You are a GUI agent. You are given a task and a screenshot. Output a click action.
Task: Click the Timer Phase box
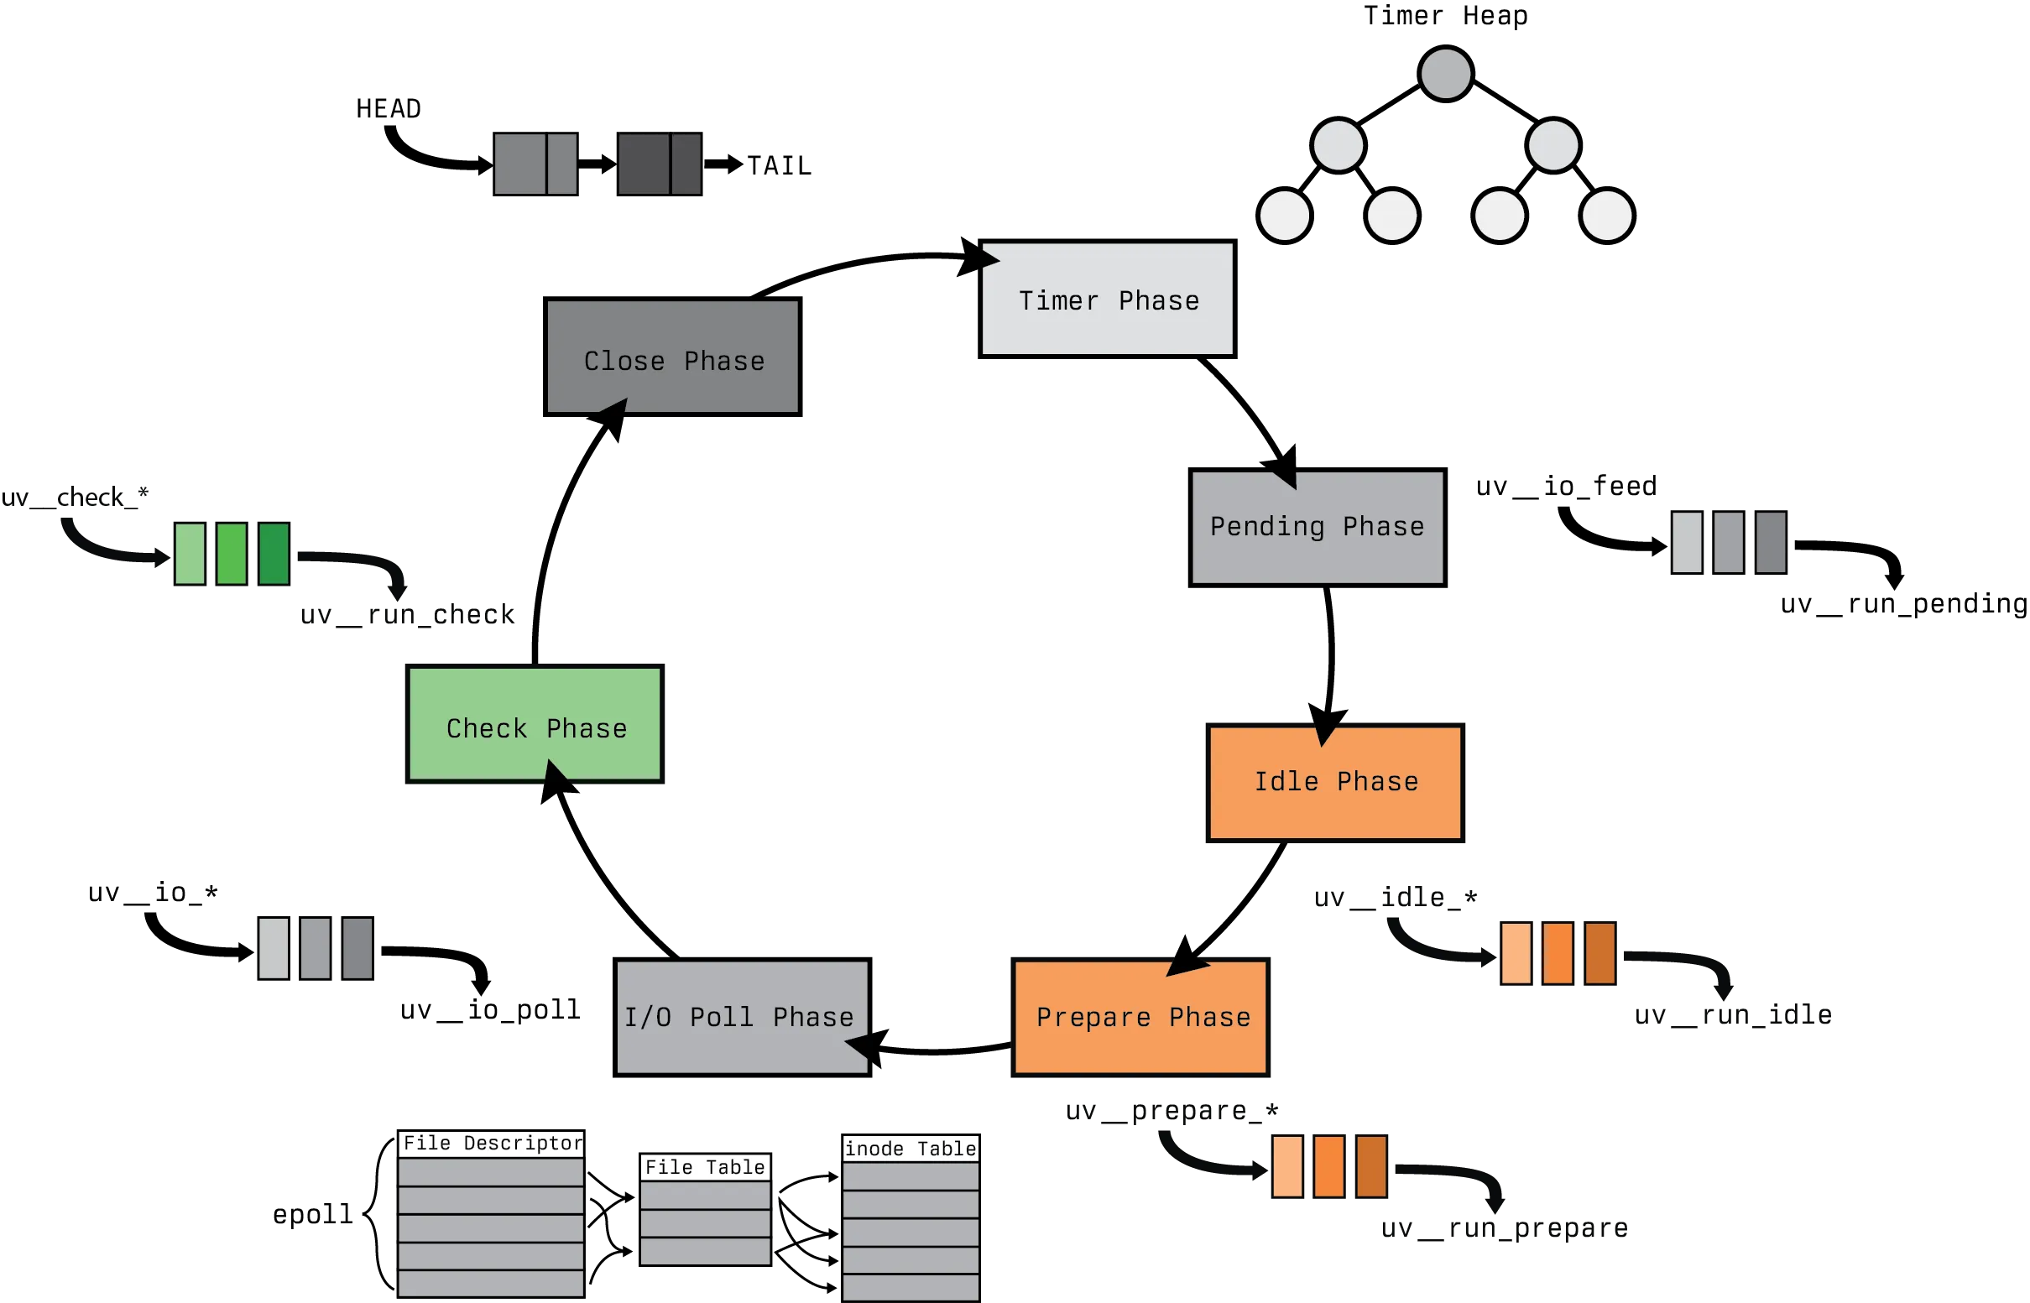[x=1107, y=300]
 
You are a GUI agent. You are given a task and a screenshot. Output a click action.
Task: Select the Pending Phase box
[x=1315, y=526]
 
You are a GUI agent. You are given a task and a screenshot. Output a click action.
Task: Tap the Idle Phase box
[x=1335, y=781]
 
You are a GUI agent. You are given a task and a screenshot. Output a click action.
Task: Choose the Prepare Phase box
[x=1140, y=1016]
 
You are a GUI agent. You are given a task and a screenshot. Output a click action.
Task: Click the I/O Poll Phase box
[x=741, y=1016]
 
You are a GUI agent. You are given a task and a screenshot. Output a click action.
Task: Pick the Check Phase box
[x=536, y=722]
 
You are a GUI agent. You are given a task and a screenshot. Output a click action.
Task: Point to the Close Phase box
[x=671, y=360]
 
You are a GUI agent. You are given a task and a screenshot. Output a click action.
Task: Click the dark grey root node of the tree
[x=1445, y=74]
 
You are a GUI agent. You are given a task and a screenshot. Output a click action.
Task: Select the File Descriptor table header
[x=493, y=1143]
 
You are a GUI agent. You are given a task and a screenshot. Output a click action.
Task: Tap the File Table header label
[x=705, y=1167]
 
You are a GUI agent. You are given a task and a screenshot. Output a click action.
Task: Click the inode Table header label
[x=911, y=1148]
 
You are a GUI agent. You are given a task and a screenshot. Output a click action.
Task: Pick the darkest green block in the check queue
[x=274, y=555]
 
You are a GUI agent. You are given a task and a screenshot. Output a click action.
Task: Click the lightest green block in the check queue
[x=189, y=555]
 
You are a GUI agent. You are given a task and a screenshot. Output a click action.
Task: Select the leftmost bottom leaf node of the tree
[x=1285, y=215]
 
